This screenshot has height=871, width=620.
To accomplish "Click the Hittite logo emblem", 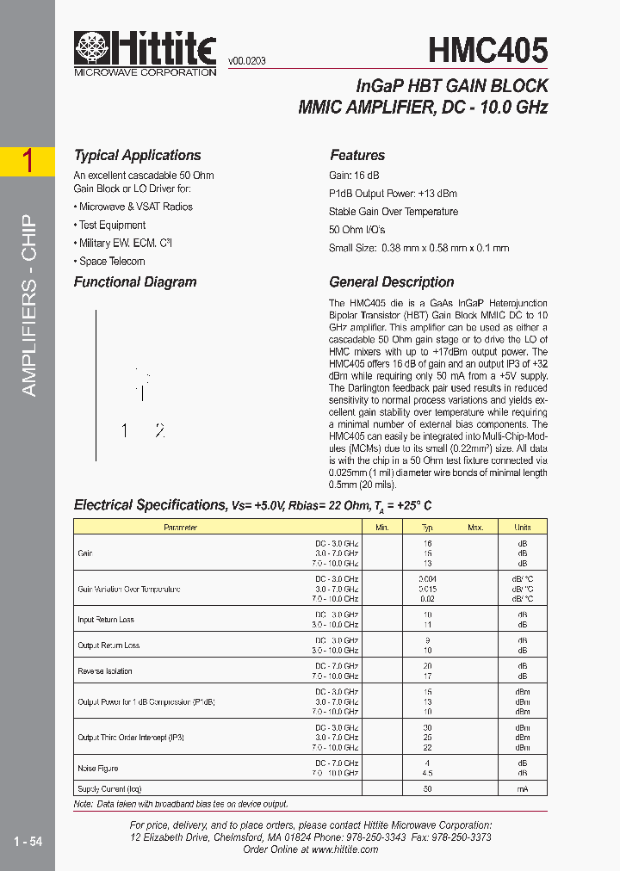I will pyautogui.click(x=90, y=49).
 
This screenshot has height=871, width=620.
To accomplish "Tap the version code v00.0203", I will pyautogui.click(x=247, y=61).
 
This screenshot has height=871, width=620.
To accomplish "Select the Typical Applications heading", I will pyautogui.click(x=137, y=156).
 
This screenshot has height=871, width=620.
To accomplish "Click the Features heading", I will pyautogui.click(x=357, y=156).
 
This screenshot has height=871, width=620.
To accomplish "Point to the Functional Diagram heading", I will pyautogui.click(x=135, y=282).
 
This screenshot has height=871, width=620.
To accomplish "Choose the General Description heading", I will pyautogui.click(x=392, y=282).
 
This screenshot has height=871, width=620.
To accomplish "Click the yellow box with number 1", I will pyautogui.click(x=28, y=162).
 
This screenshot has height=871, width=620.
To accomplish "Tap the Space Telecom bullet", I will pyautogui.click(x=111, y=262).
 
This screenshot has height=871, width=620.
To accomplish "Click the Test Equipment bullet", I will pyautogui.click(x=111, y=225).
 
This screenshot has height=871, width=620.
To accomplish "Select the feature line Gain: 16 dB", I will pyautogui.click(x=354, y=176).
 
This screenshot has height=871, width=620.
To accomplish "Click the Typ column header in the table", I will pyautogui.click(x=428, y=527).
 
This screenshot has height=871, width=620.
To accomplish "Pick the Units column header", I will pyautogui.click(x=523, y=527).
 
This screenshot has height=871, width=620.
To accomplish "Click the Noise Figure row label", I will pyautogui.click(x=98, y=769).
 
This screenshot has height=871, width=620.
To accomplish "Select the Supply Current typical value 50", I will pyautogui.click(x=428, y=789).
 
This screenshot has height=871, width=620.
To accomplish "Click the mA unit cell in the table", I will pyautogui.click(x=523, y=789).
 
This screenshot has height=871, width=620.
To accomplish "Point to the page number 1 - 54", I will pyautogui.click(x=28, y=841).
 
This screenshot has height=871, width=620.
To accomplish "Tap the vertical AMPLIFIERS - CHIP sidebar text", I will pyautogui.click(x=28, y=306).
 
